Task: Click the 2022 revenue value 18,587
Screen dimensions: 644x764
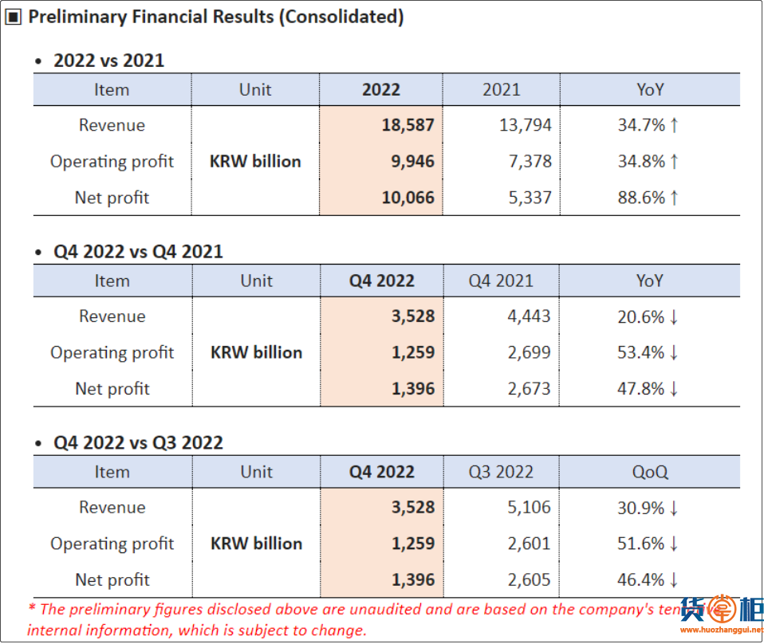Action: tap(408, 125)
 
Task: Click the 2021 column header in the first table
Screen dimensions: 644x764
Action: tap(501, 89)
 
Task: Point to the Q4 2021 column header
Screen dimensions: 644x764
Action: tap(501, 281)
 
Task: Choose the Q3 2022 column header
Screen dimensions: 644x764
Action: tap(501, 472)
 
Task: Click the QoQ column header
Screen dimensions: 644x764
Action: tap(650, 472)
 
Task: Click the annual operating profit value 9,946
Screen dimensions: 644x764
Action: tap(413, 161)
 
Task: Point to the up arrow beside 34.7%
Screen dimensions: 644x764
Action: tap(675, 125)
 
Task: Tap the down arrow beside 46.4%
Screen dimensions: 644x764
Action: tap(675, 579)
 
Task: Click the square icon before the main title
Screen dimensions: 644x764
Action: tap(14, 18)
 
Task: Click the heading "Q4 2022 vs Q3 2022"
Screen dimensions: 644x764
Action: tap(138, 442)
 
